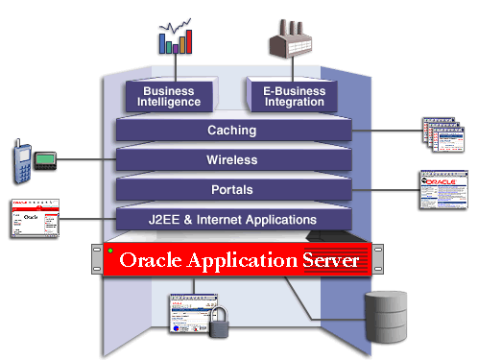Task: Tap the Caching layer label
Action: click(x=231, y=130)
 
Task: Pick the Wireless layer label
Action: click(x=231, y=159)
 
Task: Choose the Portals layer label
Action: click(x=231, y=189)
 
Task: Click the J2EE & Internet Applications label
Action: click(x=232, y=220)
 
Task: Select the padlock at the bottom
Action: click(x=220, y=323)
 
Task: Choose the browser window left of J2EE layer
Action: click(x=35, y=220)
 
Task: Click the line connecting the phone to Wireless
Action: click(x=86, y=158)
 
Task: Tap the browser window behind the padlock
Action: click(x=192, y=313)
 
